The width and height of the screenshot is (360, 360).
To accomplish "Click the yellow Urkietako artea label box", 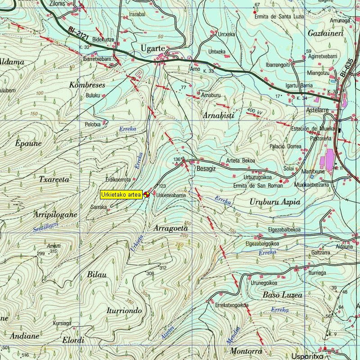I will pos(121,194).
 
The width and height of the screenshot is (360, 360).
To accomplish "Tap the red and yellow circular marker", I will pos(146,194).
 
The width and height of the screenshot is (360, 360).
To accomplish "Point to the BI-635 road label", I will pos(345,67).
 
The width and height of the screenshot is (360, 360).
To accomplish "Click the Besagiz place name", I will pos(207,169).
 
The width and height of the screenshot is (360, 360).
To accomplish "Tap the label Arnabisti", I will pos(219,116).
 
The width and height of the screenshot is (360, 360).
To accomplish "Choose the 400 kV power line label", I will pos(254,110).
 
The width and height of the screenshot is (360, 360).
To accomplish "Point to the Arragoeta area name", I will pos(171,229).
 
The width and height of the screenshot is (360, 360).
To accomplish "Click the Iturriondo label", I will pos(125,311).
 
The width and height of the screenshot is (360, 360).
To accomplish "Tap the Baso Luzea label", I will pos(282,295).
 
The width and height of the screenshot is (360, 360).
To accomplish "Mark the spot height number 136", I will pos(177,160).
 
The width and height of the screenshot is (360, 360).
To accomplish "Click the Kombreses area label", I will pos(87,85).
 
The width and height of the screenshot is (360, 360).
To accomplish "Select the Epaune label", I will pos(28,144).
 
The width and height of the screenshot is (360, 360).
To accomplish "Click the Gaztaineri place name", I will pos(325,34).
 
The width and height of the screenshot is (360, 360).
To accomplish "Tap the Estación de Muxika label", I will pos(313,129).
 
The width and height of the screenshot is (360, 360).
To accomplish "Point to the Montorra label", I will pos(246,351).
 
